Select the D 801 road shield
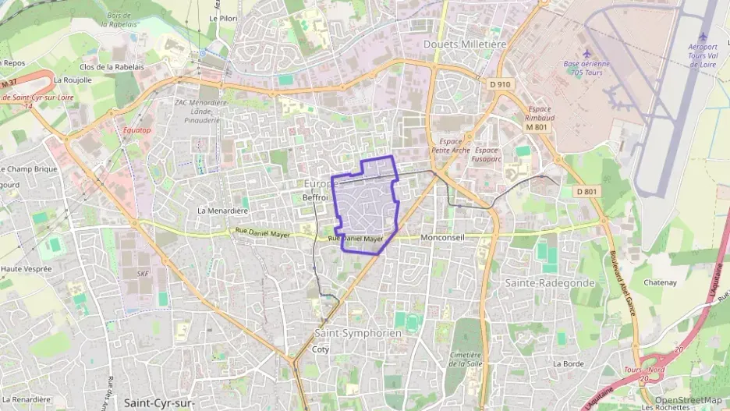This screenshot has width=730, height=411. point(586,191)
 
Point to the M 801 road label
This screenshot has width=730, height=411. point(536,126)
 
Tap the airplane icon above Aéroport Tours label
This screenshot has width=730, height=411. point(703,37)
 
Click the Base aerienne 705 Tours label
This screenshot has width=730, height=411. point(586,68)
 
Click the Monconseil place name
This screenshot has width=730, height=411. point(442,236)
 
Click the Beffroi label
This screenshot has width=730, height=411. point(315,198)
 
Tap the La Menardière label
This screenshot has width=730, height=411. point(222,211)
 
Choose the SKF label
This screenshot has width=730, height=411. point(142,274)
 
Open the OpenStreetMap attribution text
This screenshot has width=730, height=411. point(688,400)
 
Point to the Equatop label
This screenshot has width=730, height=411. point(136,130)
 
